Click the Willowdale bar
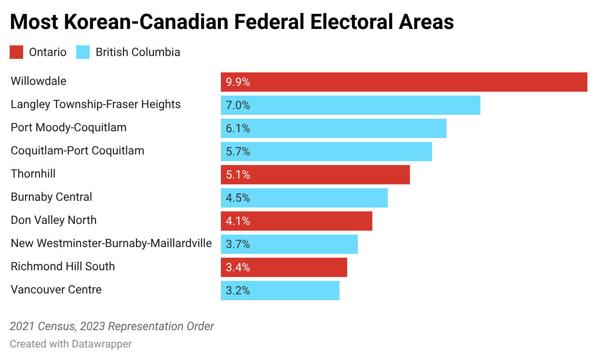[404, 82]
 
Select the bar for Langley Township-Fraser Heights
[350, 105]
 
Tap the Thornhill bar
[315, 175]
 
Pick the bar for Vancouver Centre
[280, 291]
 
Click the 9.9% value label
[238, 83]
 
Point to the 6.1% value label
[238, 129]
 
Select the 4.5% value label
[238, 198]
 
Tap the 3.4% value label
[238, 268]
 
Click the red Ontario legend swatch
[16, 52]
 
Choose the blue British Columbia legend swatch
[83, 52]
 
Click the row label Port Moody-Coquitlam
[68, 128]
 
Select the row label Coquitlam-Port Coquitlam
[77, 151]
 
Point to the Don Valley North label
[54, 221]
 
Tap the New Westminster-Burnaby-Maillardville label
[111, 244]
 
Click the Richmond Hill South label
[63, 267]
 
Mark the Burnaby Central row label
[51, 197]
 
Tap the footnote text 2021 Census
[41, 327]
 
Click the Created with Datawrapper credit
[70, 344]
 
